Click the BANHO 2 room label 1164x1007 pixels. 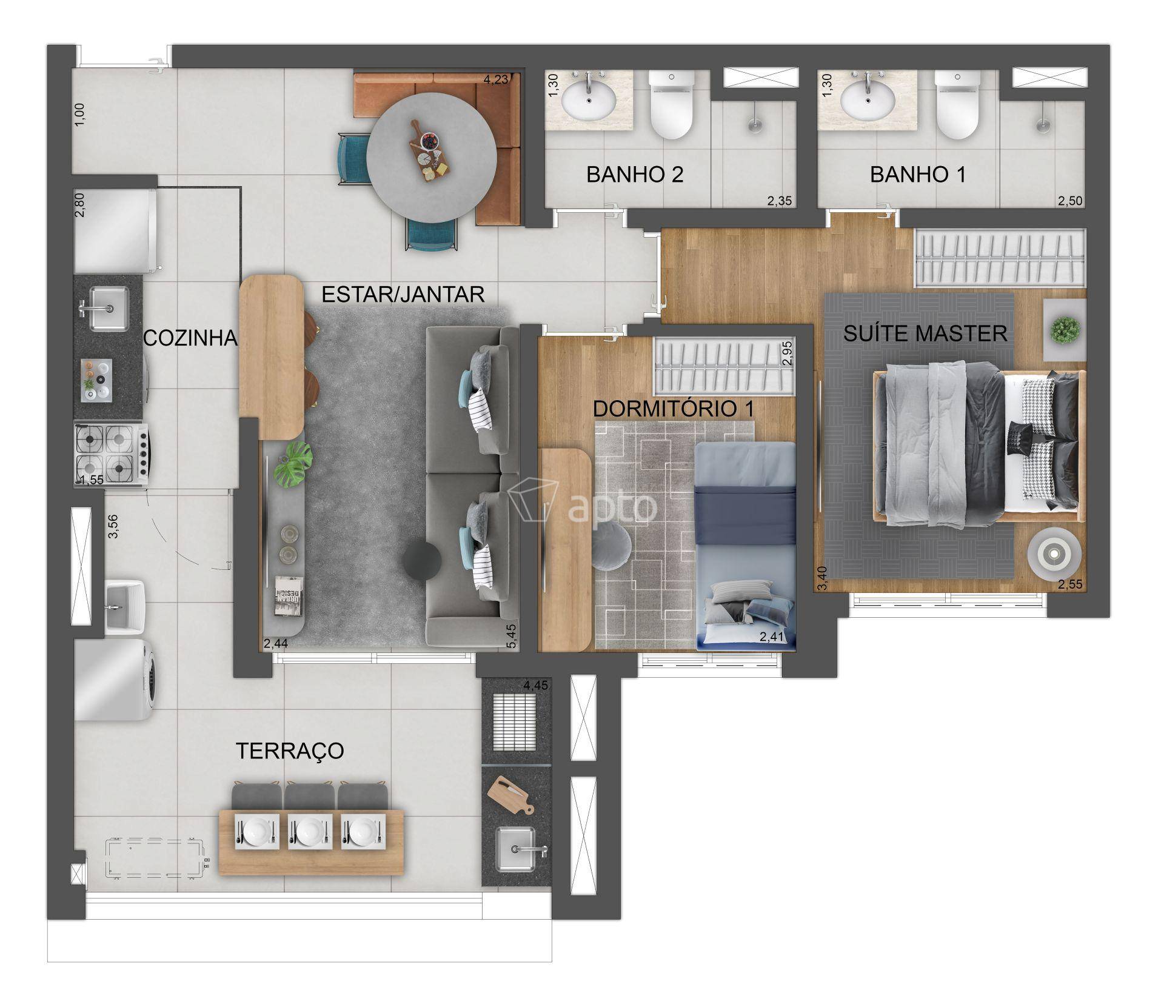click(635, 175)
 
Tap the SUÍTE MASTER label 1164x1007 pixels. click(925, 333)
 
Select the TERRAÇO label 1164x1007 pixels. click(290, 751)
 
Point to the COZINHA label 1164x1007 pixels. click(190, 338)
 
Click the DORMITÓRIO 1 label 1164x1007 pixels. click(674, 409)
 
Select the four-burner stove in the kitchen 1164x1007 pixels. click(112, 451)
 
